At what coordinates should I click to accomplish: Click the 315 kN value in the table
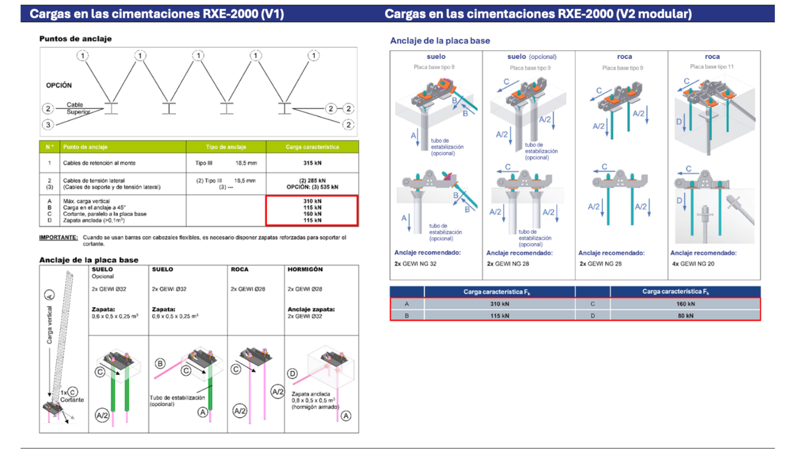point(312,163)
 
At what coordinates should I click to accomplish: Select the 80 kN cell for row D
point(685,316)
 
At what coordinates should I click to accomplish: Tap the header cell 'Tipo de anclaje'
point(226,147)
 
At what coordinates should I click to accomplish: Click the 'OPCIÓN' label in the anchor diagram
point(59,85)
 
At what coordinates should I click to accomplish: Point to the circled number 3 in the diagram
point(48,124)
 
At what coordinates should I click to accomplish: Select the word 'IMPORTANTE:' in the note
point(58,238)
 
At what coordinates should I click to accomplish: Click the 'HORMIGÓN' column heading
point(305,269)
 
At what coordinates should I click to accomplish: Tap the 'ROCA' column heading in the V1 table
point(239,269)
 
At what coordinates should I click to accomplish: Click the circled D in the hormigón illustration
point(292,373)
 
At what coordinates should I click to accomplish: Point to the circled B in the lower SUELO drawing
point(160,363)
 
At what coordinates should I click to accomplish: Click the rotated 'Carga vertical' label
point(49,325)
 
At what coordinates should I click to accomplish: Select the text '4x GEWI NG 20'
point(693,264)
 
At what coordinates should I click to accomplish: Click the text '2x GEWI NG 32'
point(415,264)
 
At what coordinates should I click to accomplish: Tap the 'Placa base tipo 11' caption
point(712,67)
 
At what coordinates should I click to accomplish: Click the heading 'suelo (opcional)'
point(532,57)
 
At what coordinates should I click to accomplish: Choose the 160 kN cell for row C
point(685,304)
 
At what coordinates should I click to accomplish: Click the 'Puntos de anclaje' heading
point(75,39)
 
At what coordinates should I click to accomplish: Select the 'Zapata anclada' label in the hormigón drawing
point(311,394)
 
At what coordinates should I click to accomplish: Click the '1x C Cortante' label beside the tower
point(72,396)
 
